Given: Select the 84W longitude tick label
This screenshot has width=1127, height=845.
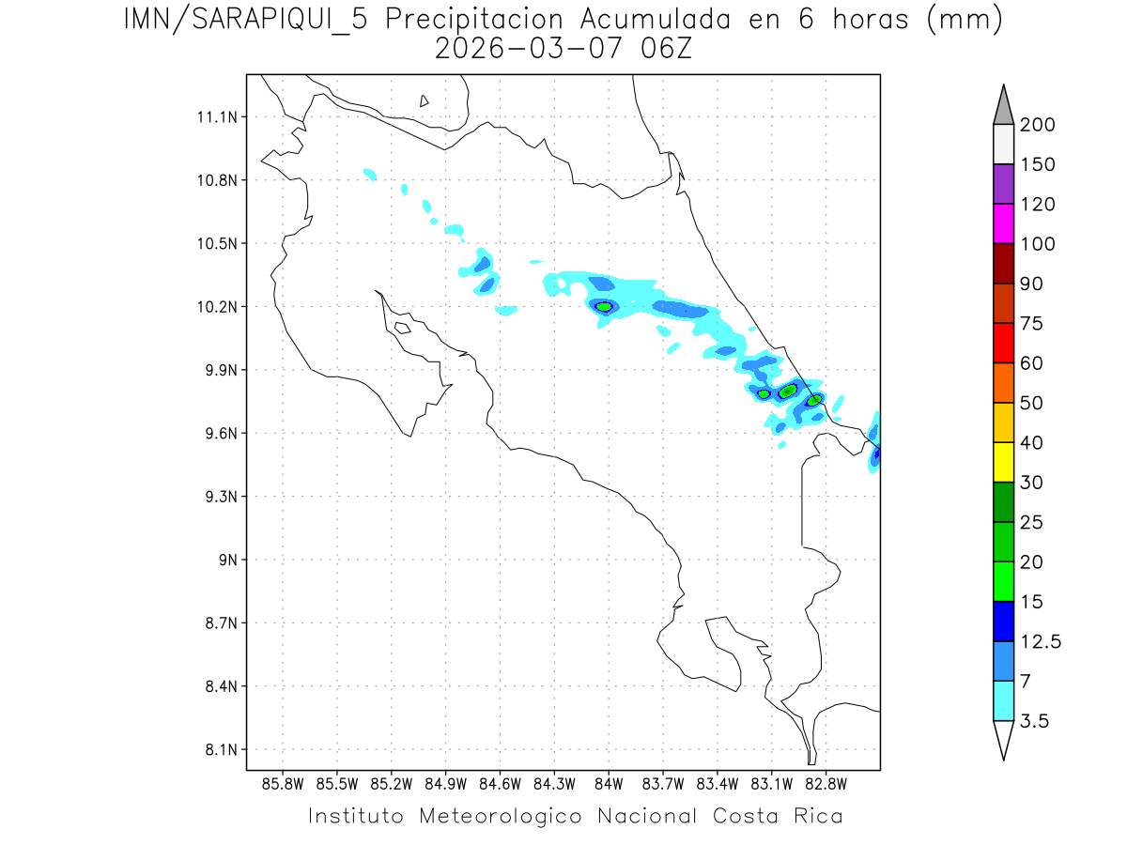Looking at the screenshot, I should coord(608,783).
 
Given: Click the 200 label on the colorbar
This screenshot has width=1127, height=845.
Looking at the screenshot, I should coord(1038,125).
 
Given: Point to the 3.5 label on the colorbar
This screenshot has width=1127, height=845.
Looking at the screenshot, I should coord(1036,721).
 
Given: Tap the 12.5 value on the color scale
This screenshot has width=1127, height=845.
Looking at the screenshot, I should coord(1041,641).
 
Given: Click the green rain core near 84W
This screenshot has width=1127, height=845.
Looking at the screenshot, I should coord(604,306).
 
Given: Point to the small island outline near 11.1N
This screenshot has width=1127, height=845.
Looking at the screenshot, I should coord(425,100).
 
